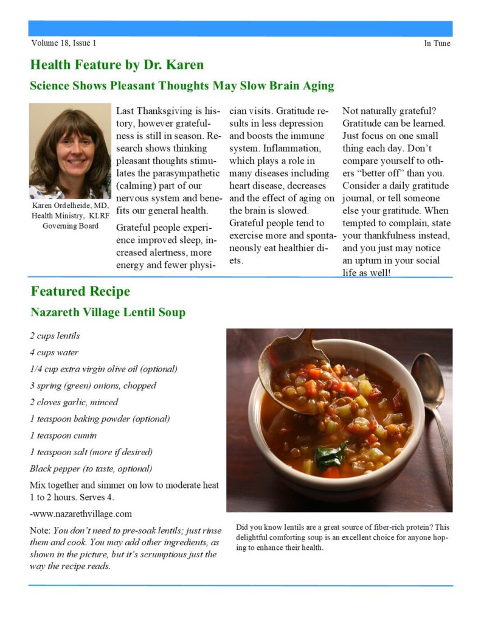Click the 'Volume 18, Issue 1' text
[x=63, y=43]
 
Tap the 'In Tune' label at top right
[x=437, y=43]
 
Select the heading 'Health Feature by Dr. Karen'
[x=117, y=64]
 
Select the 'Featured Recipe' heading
[x=80, y=291]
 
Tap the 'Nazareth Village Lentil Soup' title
[x=108, y=313]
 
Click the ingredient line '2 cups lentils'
[x=55, y=336]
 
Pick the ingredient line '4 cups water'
[x=54, y=352]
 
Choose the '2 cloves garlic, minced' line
[x=74, y=402]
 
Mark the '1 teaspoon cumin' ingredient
[x=63, y=436]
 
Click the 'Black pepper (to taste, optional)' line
[x=91, y=468]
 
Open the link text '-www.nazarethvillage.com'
[x=80, y=513]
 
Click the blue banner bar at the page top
[x=240, y=29]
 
